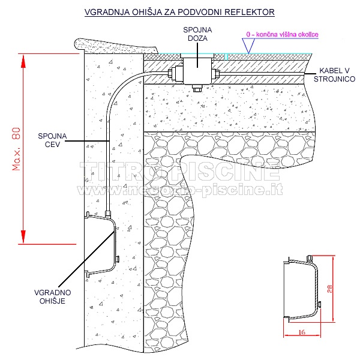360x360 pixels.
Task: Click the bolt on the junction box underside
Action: pos(196,89)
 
